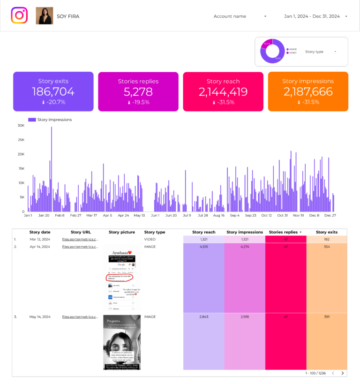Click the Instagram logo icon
(19, 15)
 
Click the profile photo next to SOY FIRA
(45, 16)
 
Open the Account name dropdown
(240, 16)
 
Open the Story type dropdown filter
(321, 52)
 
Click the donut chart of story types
(272, 51)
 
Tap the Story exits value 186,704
(53, 92)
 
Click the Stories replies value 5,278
(138, 92)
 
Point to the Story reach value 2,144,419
(223, 92)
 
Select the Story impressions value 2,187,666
(308, 92)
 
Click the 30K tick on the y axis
(21, 126)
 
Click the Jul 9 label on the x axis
(187, 216)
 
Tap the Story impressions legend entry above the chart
(50, 120)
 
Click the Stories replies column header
(284, 232)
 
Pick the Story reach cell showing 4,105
(203, 246)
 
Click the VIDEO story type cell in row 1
(150, 239)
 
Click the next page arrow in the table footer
(343, 373)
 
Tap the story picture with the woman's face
(122, 342)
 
